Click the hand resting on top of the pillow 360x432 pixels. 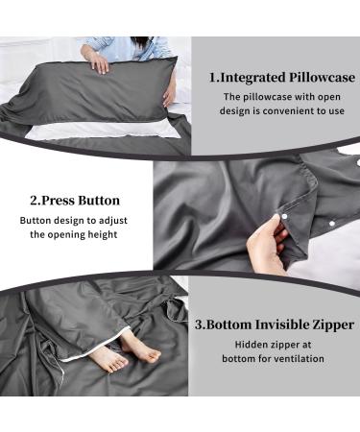click(99, 62)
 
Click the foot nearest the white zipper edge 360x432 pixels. click(107, 359)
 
